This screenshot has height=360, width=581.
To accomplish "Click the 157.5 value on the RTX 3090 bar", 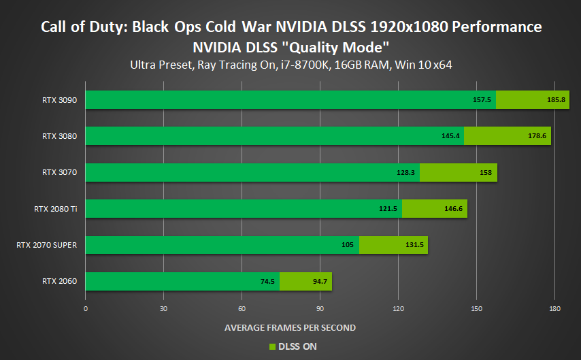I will [x=482, y=99].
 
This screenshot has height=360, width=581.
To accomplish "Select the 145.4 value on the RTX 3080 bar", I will [x=450, y=136].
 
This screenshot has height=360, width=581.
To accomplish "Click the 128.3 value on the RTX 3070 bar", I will [x=406, y=172].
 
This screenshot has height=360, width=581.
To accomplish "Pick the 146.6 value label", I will [x=454, y=208].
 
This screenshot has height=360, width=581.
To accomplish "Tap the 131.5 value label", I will [x=414, y=245].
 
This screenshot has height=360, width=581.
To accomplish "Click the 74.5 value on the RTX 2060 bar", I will [x=266, y=281].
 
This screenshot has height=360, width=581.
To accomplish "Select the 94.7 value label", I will [x=319, y=281].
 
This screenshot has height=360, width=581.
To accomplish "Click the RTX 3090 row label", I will [x=59, y=99].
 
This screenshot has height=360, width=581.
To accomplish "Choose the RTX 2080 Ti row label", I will [x=56, y=208].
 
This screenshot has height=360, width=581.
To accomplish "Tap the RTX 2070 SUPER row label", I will [x=46, y=245].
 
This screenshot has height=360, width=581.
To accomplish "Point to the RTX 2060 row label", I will [x=59, y=281].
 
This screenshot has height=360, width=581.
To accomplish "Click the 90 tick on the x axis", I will [x=320, y=308].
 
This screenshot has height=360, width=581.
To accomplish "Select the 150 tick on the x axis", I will [x=477, y=308].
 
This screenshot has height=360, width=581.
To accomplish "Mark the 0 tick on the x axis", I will [x=86, y=308].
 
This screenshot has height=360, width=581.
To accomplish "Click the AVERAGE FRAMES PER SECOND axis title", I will [x=290, y=327].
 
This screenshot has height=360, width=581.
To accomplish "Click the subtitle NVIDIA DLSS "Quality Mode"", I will [x=290, y=48].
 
